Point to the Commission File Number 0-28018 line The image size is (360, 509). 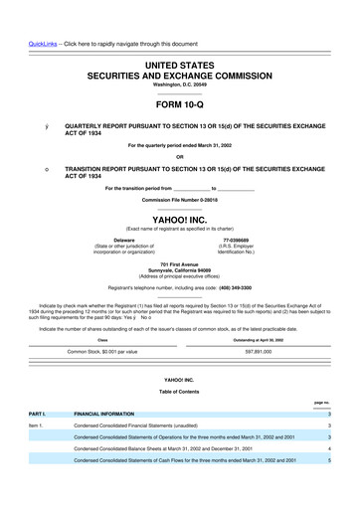179,200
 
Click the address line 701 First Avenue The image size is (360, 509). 179,263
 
